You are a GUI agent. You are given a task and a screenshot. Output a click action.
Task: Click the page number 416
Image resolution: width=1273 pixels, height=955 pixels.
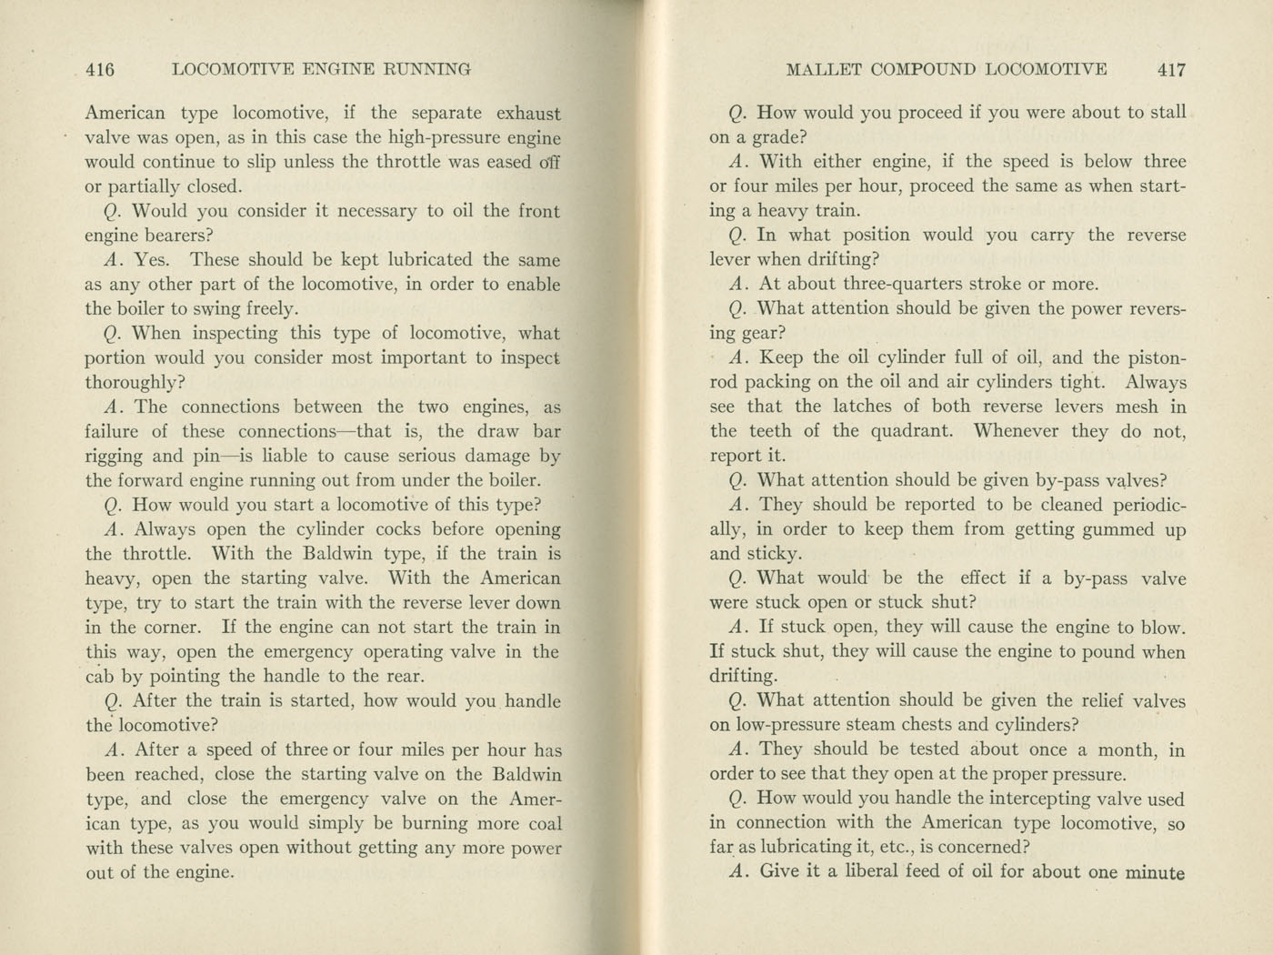tap(99, 69)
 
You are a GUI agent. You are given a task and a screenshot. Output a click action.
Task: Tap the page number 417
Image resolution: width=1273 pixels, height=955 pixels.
tap(1172, 69)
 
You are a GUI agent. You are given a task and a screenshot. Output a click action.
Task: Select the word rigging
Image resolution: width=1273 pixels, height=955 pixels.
tap(114, 457)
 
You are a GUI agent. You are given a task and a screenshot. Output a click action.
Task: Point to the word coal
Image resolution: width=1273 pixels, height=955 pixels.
tap(542, 824)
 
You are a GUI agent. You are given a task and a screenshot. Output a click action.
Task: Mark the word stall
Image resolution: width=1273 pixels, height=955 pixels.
tap(1167, 113)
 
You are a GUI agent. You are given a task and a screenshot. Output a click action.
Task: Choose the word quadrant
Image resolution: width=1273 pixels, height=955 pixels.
tap(912, 431)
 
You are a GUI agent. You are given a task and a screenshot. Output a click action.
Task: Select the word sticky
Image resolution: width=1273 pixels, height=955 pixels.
tap(773, 554)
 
